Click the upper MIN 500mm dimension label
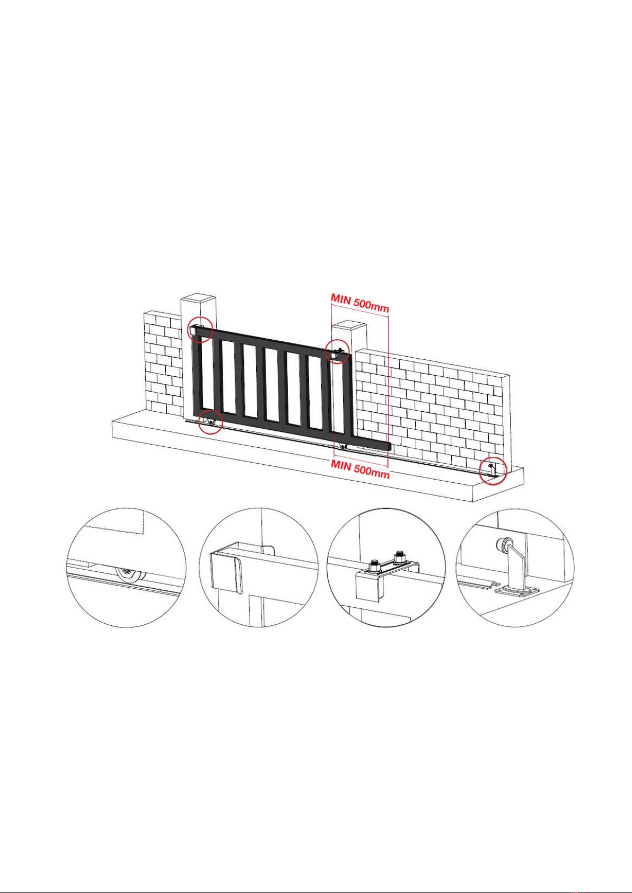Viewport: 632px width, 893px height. click(x=359, y=302)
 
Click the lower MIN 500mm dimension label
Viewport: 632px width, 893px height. click(x=360, y=468)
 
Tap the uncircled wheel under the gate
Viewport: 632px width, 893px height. click(x=341, y=446)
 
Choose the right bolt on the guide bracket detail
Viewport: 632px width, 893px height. click(x=398, y=556)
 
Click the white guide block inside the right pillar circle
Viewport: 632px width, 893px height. click(x=333, y=354)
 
